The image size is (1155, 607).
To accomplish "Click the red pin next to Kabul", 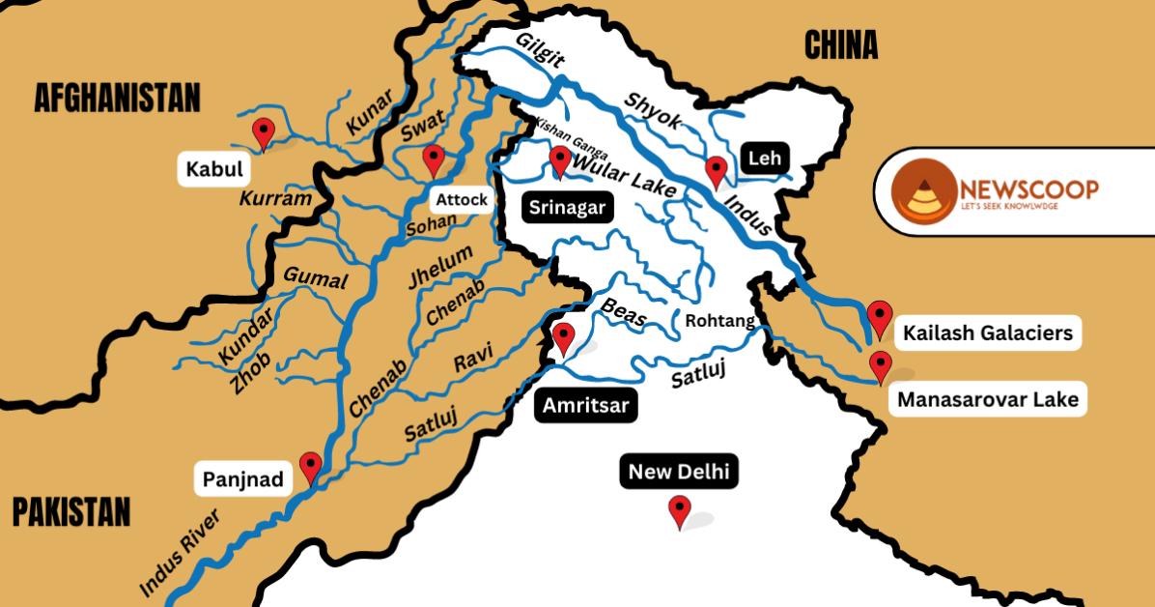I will pos(263,133).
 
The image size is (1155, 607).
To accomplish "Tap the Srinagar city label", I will pos(567,207).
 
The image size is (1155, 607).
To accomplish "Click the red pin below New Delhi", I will pos(680,510).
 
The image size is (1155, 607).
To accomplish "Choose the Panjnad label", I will pos(242,478).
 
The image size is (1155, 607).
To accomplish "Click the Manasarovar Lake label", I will pos(987,399).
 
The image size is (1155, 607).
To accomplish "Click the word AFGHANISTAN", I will pos(117,98).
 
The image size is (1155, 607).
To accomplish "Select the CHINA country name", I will pos(840,44).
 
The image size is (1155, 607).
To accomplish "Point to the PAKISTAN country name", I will pos(71,511).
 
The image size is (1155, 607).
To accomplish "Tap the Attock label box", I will pos(462,200).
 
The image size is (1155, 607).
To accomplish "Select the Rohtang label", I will pos(718,321).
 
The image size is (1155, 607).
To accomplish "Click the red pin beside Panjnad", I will pos(310,467).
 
